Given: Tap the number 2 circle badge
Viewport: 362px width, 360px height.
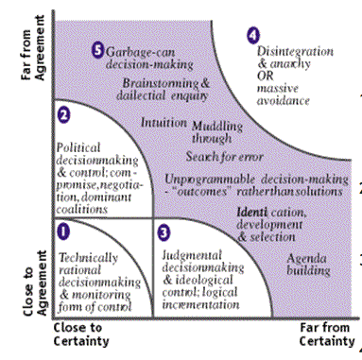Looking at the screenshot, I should click(64, 116).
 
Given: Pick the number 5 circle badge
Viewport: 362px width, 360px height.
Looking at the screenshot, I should click(97, 48).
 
